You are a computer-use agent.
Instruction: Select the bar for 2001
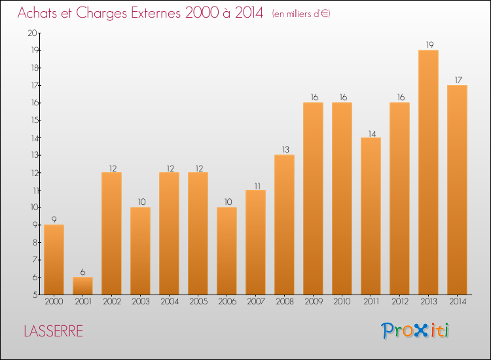coord(82,285)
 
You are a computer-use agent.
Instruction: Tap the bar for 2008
coord(284,225)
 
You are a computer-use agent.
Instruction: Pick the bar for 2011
coord(371,216)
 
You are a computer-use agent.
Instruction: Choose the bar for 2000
coord(54,259)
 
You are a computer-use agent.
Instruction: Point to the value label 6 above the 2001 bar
coord(82,272)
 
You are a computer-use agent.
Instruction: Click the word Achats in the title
coord(40,14)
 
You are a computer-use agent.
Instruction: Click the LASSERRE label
coord(54,331)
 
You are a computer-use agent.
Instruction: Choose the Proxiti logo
coord(416,331)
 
